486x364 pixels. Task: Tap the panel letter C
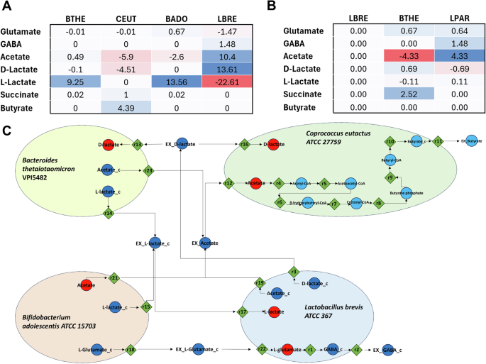tap(6, 132)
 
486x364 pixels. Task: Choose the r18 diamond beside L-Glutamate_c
tap(130, 349)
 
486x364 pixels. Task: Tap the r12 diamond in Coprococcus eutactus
tap(228, 184)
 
